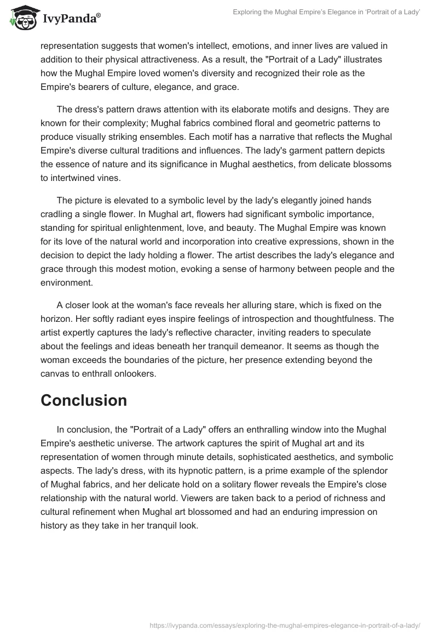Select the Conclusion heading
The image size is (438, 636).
click(x=84, y=400)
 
